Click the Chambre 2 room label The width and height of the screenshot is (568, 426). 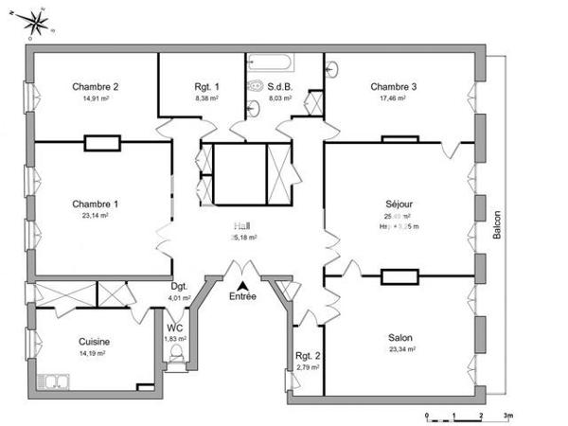click(95, 86)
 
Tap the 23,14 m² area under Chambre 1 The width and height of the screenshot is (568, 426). click(95, 215)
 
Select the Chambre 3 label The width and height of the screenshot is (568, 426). click(393, 86)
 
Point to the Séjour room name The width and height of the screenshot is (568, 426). click(399, 204)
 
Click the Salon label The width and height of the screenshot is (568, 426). click(400, 337)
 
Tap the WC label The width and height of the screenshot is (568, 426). click(175, 328)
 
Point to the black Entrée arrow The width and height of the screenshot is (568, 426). click(243, 285)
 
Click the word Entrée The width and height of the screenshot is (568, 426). click(243, 297)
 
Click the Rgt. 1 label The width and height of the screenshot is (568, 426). click(206, 86)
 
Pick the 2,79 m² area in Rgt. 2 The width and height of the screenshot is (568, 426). click(307, 366)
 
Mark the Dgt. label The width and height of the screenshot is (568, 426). click(179, 286)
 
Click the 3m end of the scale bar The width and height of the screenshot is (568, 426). click(508, 416)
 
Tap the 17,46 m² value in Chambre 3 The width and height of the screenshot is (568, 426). click(393, 98)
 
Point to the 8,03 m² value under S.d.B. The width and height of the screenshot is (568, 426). click(281, 98)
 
